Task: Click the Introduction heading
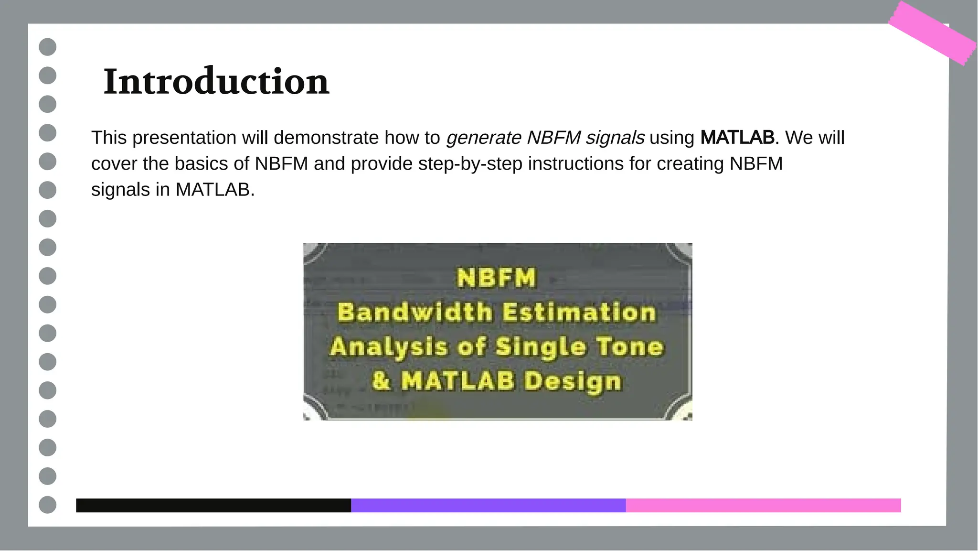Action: tap(216, 82)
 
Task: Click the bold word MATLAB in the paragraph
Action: tap(737, 138)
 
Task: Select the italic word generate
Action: tap(484, 138)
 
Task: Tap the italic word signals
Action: tap(615, 138)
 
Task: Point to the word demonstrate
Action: tap(326, 138)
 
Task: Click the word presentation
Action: tap(184, 138)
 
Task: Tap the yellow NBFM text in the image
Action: tap(497, 278)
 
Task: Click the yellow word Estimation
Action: tap(579, 313)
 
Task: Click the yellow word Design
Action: tap(573, 381)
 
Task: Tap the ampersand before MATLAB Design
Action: tap(381, 381)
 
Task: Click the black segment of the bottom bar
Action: tap(213, 506)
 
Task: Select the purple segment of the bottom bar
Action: tap(488, 506)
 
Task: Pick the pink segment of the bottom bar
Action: tap(763, 506)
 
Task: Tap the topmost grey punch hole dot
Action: tap(47, 47)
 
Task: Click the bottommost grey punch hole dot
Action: tap(47, 505)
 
